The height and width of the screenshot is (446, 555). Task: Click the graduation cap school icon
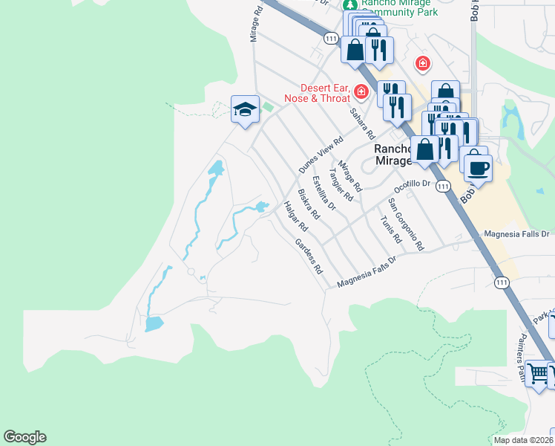245,110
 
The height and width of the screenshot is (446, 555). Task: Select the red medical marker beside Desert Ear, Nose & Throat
361,92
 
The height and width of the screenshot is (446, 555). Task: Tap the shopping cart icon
538,372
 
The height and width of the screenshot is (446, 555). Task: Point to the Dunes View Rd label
321,155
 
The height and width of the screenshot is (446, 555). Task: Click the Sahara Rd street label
362,124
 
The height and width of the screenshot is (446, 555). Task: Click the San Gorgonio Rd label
406,224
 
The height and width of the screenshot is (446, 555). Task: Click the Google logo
24,437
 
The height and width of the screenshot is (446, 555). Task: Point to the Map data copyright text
524,440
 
